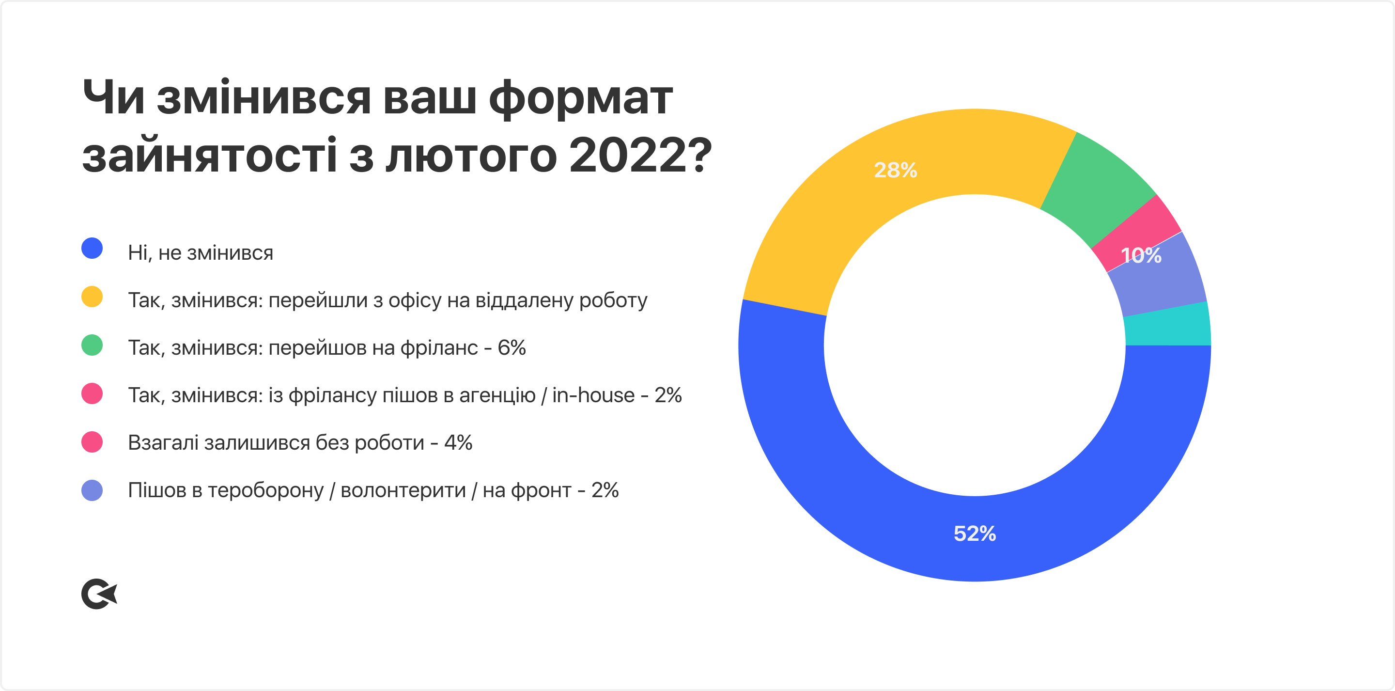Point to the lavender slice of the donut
click(x=1164, y=282)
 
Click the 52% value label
click(x=975, y=534)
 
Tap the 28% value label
click(x=896, y=170)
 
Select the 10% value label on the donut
click(x=1141, y=255)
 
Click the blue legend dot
click(x=92, y=248)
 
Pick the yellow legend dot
click(x=92, y=297)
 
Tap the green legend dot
click(x=92, y=345)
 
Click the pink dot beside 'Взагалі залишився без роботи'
click(x=92, y=442)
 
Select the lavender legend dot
click(x=92, y=490)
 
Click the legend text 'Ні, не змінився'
click(x=201, y=252)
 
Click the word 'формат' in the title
click(x=581, y=99)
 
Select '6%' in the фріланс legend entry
click(x=512, y=347)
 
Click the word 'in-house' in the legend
click(x=593, y=395)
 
